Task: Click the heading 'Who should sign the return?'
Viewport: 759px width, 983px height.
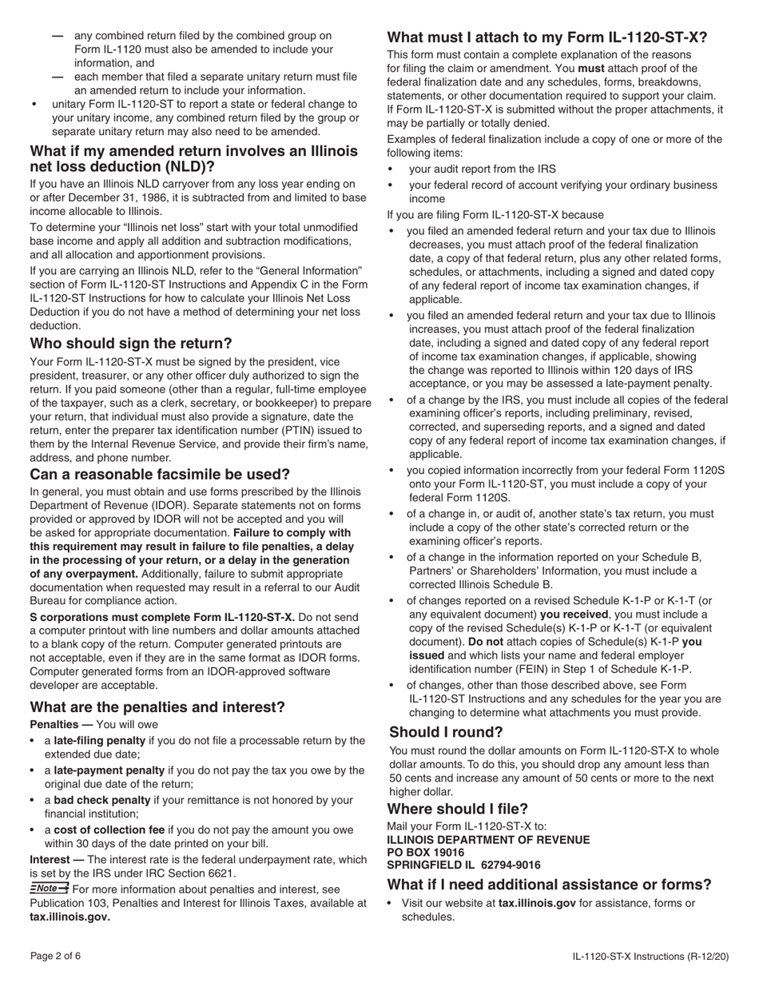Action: point(131,344)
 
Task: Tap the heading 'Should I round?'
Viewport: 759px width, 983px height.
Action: point(446,732)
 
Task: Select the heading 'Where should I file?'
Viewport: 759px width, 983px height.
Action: point(457,809)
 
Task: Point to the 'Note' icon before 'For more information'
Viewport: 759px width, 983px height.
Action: point(49,888)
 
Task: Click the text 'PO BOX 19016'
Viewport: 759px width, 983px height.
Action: point(425,852)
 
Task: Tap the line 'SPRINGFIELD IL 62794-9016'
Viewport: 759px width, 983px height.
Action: point(463,865)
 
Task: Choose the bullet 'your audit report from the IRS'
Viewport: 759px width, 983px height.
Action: point(483,169)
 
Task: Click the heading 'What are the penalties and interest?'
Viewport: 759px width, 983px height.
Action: point(157,707)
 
